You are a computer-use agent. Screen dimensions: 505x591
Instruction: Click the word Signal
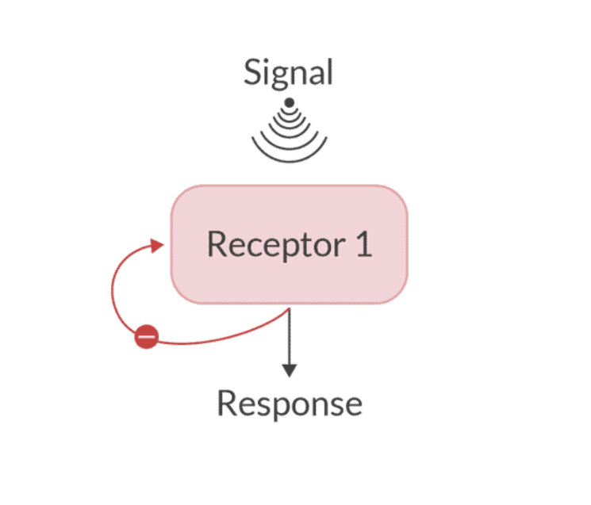(288, 73)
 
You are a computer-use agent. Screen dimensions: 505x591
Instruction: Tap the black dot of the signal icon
(290, 102)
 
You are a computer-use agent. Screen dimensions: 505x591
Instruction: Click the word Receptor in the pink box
(265, 244)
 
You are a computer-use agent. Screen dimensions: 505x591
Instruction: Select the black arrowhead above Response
(290, 369)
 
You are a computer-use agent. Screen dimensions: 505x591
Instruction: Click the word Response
(290, 404)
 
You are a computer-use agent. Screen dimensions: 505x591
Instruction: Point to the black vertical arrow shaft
(290, 337)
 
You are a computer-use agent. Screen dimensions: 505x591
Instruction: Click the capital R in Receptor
(217, 244)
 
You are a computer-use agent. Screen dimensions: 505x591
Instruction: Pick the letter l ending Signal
(329, 72)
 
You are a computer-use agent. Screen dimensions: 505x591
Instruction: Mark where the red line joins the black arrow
(288, 312)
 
